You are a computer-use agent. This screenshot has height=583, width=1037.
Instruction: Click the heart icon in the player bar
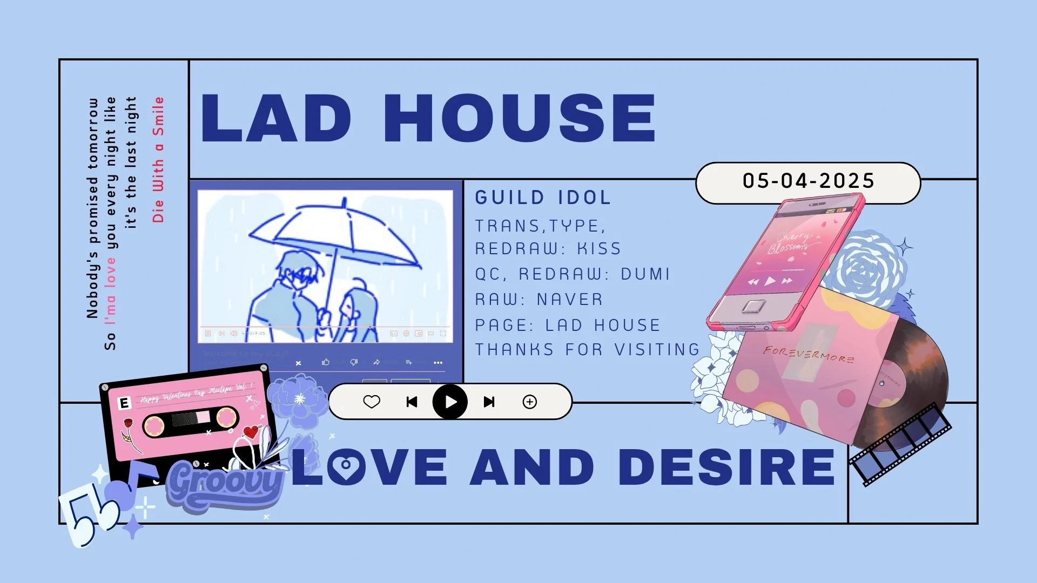372,402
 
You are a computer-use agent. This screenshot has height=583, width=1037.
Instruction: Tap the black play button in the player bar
450,402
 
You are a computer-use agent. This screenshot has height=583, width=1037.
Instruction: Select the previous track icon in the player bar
412,402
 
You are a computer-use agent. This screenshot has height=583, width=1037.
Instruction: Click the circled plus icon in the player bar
530,402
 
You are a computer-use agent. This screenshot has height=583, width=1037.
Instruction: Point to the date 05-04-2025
808,181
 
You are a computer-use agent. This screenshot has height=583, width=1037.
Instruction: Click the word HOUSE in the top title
519,118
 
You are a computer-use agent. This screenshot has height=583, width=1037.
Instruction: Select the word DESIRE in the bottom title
727,466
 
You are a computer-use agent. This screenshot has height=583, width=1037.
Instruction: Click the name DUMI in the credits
645,274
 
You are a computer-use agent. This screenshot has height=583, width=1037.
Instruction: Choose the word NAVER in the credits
570,300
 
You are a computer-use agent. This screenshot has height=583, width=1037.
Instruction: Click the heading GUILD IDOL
543,198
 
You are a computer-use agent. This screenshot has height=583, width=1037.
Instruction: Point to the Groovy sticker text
226,482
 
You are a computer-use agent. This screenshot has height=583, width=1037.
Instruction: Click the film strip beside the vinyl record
900,444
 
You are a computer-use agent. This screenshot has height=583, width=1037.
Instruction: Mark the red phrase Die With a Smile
158,160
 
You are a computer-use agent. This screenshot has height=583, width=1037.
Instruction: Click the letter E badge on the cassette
124,403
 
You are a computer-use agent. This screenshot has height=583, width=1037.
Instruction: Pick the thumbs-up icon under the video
326,362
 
